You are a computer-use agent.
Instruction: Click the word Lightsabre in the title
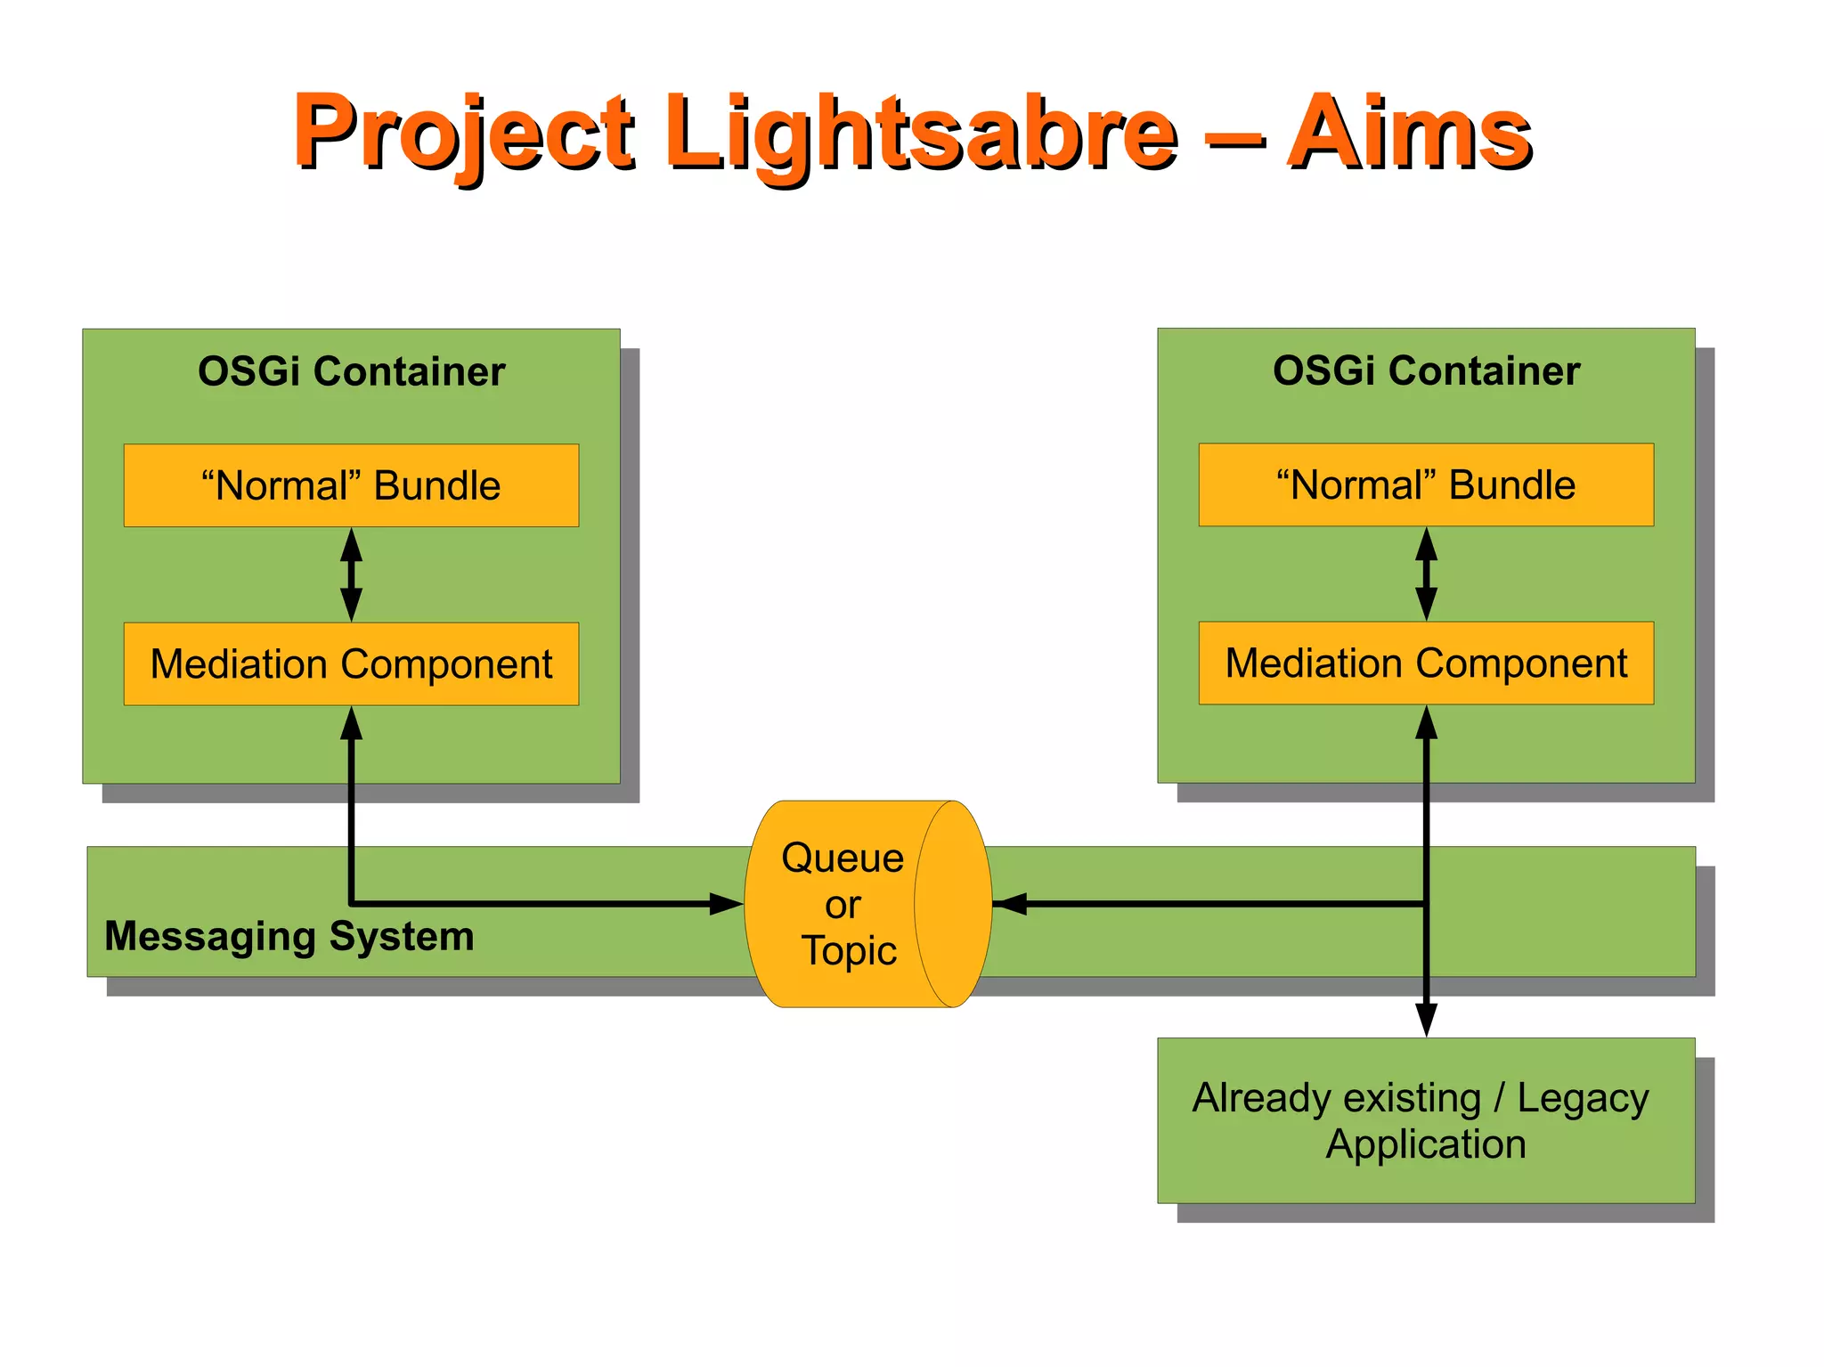click(922, 134)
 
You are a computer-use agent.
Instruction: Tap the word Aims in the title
click(1409, 134)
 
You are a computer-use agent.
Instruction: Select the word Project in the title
click(463, 134)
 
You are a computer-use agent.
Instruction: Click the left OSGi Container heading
click(351, 371)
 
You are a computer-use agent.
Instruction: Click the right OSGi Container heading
click(1426, 370)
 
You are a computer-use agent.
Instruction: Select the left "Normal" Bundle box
click(351, 485)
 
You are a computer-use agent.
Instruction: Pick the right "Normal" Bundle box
click(1426, 484)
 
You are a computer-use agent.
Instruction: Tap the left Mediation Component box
click(351, 663)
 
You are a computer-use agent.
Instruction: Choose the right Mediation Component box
click(1426, 663)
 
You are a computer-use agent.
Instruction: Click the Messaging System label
click(289, 936)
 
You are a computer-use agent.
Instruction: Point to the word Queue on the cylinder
click(842, 858)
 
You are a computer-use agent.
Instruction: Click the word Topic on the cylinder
click(848, 950)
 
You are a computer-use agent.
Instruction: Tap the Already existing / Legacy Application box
click(1426, 1120)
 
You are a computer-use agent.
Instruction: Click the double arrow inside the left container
click(352, 574)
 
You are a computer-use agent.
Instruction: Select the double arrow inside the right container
click(1427, 574)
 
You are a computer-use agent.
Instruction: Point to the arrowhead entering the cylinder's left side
click(727, 904)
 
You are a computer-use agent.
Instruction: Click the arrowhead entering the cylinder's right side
click(1010, 904)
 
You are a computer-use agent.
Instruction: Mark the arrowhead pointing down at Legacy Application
click(1427, 1020)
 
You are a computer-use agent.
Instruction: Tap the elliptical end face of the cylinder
click(953, 904)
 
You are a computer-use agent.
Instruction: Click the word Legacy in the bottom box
click(1583, 1098)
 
